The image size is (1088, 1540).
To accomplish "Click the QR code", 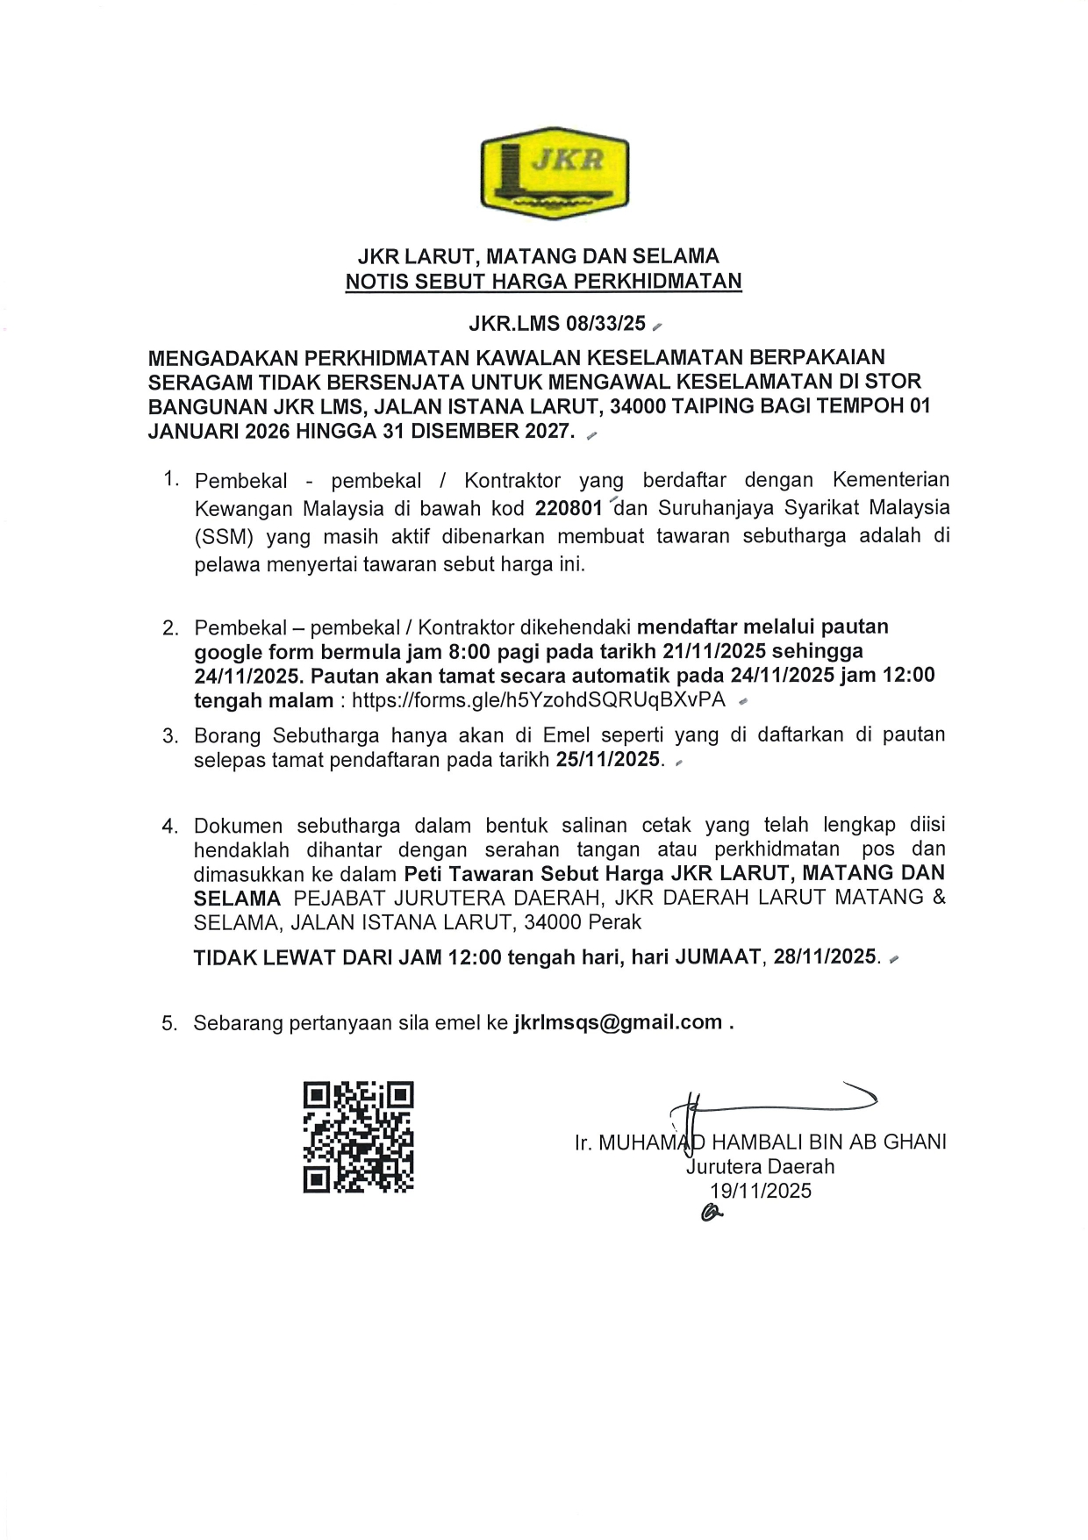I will coord(358,1136).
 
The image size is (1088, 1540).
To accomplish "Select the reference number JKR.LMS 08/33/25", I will coord(557,324).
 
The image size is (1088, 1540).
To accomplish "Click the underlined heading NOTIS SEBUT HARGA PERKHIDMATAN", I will coord(543,282).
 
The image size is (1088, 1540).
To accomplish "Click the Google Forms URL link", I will coord(539,700).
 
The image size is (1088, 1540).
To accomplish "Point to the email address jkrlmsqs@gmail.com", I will coord(618,1022).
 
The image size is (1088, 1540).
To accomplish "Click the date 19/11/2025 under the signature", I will coord(761,1191).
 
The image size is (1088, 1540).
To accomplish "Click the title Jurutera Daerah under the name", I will coord(760,1166).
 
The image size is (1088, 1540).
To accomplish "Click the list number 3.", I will coord(170,736).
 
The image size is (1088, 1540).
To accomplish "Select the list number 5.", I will coord(169,1023).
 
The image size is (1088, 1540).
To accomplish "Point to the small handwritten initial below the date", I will coord(711,1214).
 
